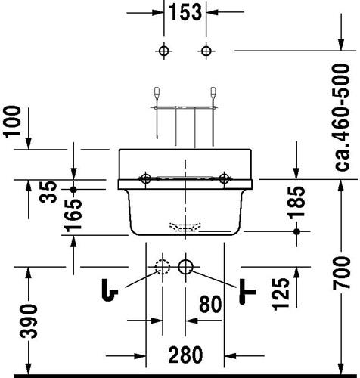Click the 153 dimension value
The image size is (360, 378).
click(185, 12)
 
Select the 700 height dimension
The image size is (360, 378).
click(341, 273)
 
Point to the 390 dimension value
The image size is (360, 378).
click(29, 321)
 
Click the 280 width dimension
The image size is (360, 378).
click(185, 355)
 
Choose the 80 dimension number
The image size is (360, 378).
click(210, 304)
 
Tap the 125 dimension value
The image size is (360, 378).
click(281, 294)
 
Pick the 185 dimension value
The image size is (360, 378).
click(296, 202)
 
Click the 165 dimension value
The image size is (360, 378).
click(73, 215)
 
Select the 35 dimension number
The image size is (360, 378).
click(48, 192)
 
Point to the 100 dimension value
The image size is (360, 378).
click(12, 122)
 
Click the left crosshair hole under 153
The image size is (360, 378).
click(164, 51)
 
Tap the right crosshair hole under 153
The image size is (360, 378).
click(206, 51)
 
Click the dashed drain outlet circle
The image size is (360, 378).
click(163, 267)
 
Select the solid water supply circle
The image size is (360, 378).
click(186, 267)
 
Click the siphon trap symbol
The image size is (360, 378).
click(110, 290)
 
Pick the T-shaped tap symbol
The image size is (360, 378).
click(247, 292)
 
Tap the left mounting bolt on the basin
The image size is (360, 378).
click(145, 178)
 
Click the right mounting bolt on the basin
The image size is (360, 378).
click(224, 178)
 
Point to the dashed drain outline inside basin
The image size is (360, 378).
click(185, 227)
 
